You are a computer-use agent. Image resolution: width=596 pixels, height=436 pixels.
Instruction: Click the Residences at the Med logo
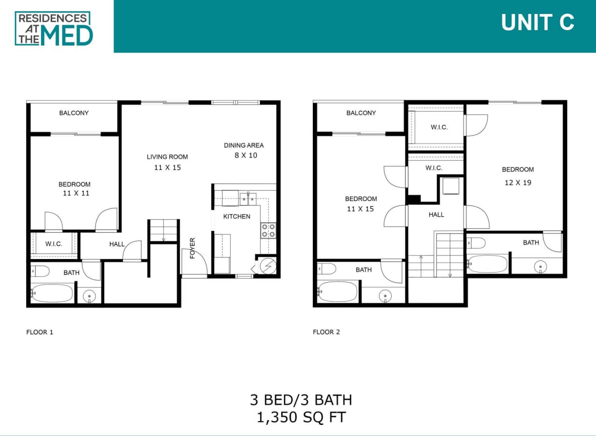[x=54, y=28]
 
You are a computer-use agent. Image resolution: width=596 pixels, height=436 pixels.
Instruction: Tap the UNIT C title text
[x=537, y=22]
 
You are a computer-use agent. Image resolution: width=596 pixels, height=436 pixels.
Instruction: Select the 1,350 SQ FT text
[x=301, y=417]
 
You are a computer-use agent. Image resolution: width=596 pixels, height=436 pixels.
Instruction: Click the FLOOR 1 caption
[x=40, y=332]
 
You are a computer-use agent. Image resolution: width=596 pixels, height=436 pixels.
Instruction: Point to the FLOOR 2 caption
[x=326, y=332]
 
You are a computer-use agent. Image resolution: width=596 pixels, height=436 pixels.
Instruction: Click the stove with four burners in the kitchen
[x=268, y=231]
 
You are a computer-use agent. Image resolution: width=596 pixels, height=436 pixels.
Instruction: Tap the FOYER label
[x=192, y=248]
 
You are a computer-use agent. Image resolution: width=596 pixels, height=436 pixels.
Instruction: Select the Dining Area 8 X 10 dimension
[x=245, y=156]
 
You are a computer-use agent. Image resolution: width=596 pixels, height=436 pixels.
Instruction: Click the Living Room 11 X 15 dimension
[x=167, y=168]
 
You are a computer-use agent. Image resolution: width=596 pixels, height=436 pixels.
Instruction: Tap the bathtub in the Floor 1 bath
[x=52, y=293]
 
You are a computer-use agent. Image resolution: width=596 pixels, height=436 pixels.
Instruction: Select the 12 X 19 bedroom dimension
[x=518, y=183]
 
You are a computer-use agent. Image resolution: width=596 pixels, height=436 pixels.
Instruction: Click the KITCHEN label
[x=237, y=216]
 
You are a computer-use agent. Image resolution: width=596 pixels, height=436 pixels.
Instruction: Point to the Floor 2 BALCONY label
[x=361, y=113]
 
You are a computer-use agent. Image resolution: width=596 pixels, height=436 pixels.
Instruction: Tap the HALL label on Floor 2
[x=436, y=215]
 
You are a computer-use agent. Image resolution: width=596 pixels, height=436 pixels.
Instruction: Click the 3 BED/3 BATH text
[x=301, y=400]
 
